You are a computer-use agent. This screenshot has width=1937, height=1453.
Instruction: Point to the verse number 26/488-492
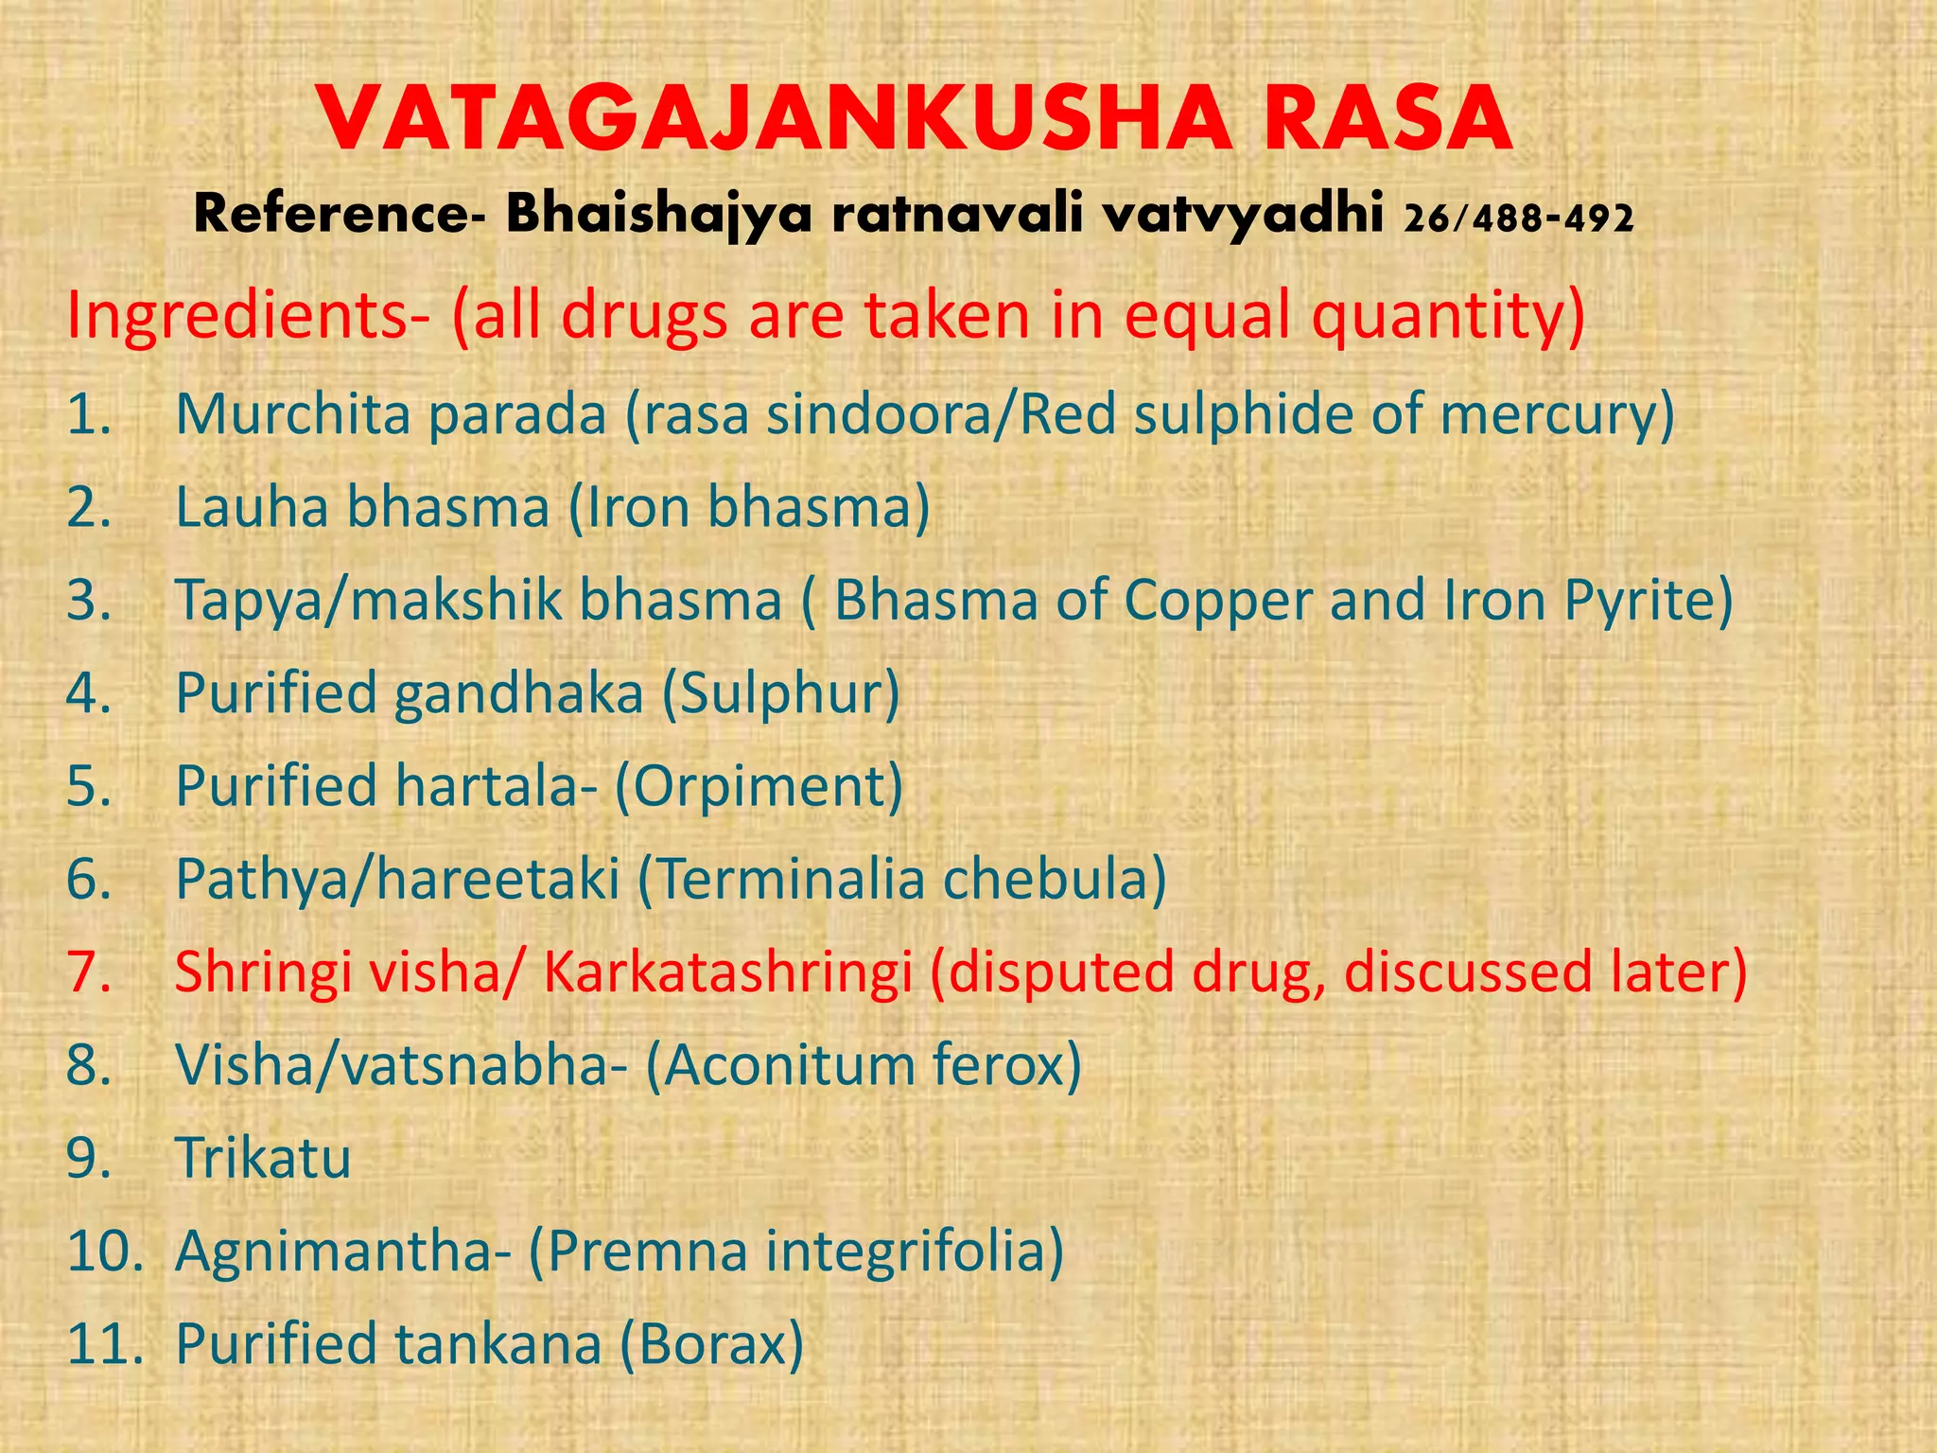(x=1519, y=219)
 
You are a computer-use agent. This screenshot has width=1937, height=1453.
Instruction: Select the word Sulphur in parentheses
(x=779, y=693)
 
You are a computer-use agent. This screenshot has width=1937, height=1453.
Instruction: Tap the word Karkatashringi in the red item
(x=728, y=972)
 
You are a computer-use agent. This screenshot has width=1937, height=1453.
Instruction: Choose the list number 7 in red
(x=89, y=972)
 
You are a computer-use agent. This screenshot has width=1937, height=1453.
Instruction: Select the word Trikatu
(x=263, y=1158)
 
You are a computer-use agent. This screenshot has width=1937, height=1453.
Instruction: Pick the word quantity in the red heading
(x=1447, y=317)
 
